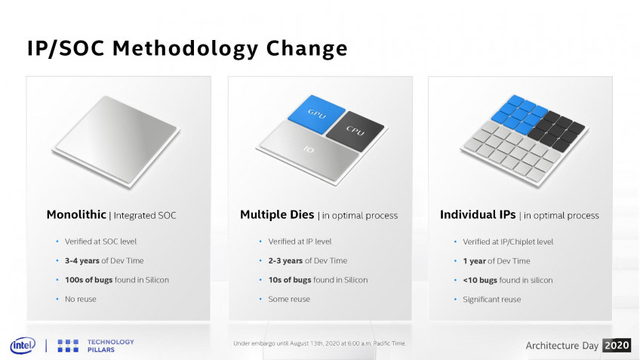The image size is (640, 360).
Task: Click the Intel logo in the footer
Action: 23,346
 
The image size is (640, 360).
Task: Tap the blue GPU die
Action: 316,113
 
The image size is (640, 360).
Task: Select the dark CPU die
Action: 355,131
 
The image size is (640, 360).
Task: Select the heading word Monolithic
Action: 76,214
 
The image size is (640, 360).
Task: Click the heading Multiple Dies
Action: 277,214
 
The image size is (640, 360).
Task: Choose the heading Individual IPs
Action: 478,214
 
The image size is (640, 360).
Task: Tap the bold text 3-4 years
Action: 82,261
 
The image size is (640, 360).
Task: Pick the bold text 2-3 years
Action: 285,261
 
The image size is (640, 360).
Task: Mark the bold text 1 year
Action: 474,261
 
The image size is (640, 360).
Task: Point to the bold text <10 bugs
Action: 480,281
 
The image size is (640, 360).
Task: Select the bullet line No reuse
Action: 81,299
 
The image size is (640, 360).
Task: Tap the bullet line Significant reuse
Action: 492,300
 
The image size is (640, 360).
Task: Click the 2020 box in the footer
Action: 617,346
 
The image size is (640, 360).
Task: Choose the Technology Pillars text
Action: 111,346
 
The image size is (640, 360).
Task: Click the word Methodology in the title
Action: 186,48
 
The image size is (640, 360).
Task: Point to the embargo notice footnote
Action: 319,343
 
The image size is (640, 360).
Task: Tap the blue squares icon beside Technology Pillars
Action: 68,346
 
